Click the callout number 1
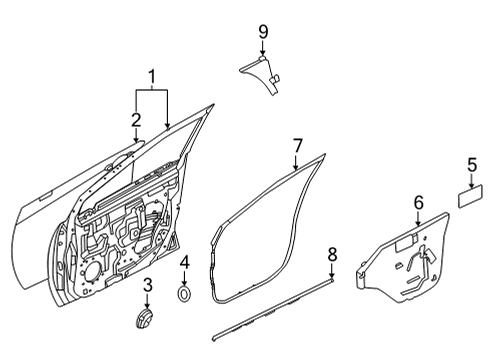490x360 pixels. [x=152, y=76]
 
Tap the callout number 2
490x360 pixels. [x=136, y=120]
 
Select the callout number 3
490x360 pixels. [x=147, y=287]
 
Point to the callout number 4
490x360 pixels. [x=185, y=263]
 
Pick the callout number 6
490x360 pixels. [x=418, y=204]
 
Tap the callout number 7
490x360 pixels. [x=297, y=147]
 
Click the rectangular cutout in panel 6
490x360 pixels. [x=406, y=241]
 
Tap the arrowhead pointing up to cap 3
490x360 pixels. [x=147, y=303]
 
